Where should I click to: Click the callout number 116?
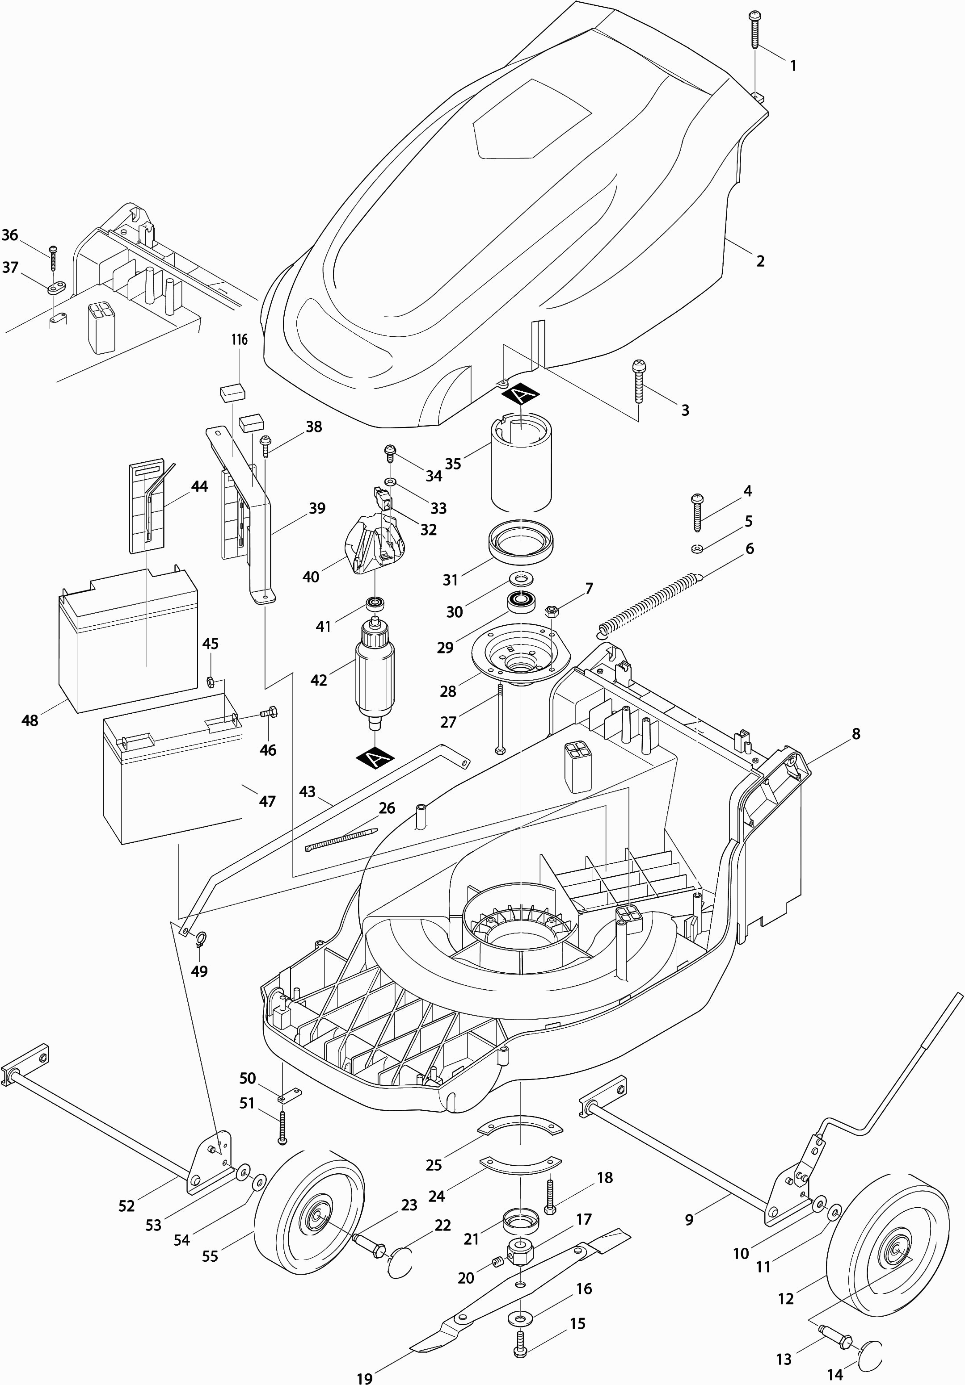click(x=240, y=339)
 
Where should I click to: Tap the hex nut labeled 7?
click(x=551, y=612)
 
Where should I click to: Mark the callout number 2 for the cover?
click(x=760, y=260)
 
